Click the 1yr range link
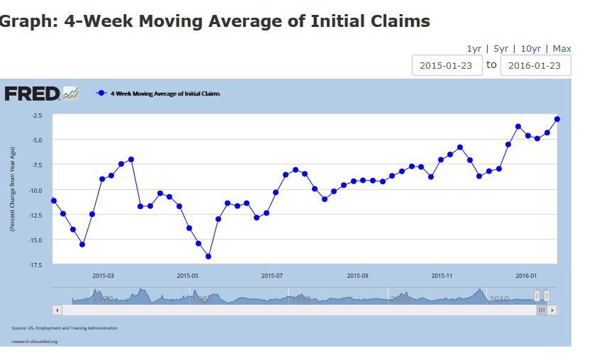[473, 48]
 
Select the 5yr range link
[500, 48]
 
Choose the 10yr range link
[531, 48]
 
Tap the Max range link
[562, 48]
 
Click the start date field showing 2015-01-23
[447, 65]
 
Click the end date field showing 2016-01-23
[535, 65]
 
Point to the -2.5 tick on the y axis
[37, 115]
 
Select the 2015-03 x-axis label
[103, 276]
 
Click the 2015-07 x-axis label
[273, 276]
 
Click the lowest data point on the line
[208, 257]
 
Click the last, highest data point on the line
[557, 119]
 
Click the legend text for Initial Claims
[165, 94]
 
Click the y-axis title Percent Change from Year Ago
[12, 189]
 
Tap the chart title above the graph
[215, 21]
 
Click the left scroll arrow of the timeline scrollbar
[57, 310]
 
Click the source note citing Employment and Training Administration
[65, 328]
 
